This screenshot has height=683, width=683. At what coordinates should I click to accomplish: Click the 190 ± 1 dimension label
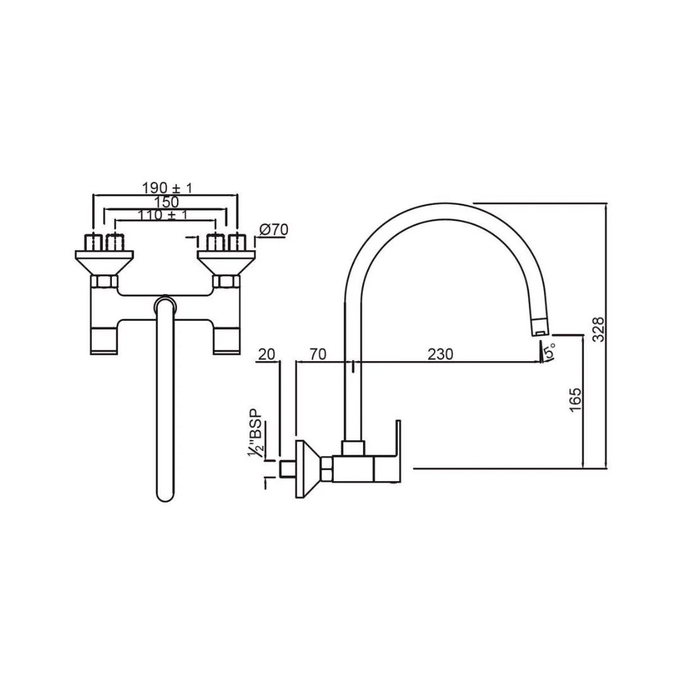166,188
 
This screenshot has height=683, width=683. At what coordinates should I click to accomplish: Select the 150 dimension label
166,202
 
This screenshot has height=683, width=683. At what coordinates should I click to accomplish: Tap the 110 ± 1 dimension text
163,215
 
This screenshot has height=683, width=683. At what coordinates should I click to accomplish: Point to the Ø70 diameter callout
273,230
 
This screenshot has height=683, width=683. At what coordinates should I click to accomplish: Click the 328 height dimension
599,329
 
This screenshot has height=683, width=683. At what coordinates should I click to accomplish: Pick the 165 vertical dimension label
575,400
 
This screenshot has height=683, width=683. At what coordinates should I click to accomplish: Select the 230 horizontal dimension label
440,354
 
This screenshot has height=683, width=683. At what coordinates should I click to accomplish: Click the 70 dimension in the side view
317,354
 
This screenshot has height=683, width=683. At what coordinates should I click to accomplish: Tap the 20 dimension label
268,354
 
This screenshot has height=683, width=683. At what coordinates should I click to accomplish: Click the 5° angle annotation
551,349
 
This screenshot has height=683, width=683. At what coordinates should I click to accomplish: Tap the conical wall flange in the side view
307,468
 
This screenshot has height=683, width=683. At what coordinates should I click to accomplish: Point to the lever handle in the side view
387,452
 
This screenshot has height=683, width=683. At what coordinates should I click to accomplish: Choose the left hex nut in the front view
104,281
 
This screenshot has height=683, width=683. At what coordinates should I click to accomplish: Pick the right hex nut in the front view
226,281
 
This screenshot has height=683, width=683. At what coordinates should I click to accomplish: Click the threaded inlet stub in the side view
288,469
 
